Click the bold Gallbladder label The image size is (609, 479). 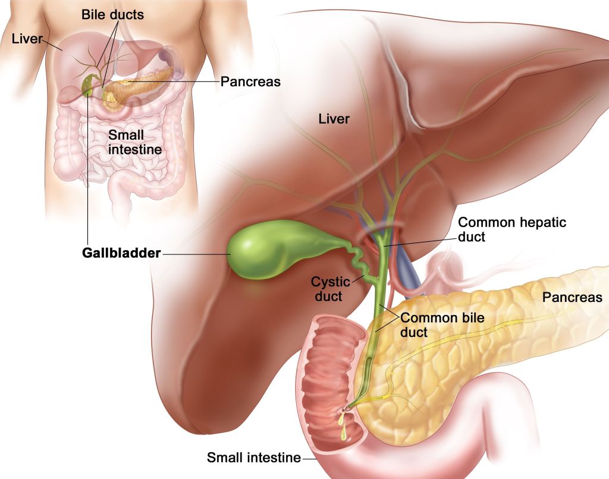[121, 253]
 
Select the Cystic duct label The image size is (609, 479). [329, 289]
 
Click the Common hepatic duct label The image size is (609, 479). [512, 229]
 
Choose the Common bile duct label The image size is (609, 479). [442, 325]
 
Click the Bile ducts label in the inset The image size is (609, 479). [112, 15]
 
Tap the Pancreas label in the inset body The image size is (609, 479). [250, 81]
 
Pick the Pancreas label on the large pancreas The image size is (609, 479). [572, 297]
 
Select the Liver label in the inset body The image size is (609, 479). [26, 39]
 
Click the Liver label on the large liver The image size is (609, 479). [334, 119]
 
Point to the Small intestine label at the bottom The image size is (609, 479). [253, 458]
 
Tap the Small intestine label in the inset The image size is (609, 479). [134, 142]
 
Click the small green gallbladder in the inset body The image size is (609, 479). [88, 85]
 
